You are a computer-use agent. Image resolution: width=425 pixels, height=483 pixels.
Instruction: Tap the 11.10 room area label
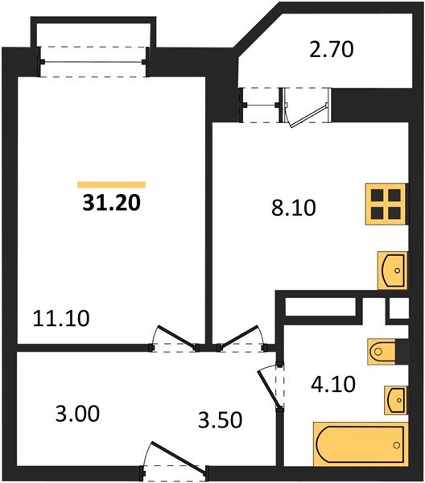62,318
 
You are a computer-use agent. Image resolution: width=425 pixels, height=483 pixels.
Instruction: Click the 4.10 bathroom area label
330,379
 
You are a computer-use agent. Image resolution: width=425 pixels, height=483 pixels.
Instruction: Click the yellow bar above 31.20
111,184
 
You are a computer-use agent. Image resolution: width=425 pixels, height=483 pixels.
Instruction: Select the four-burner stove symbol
384,204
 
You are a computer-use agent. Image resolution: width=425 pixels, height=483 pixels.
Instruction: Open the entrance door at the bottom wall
175,462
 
